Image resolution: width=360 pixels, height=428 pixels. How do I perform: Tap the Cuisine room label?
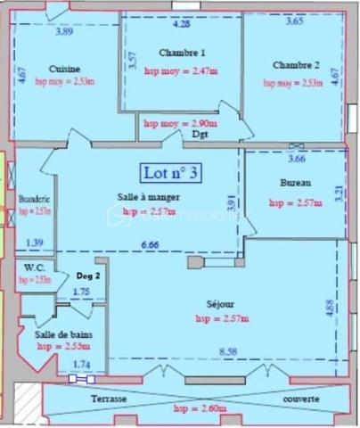pyautogui.click(x=66, y=69)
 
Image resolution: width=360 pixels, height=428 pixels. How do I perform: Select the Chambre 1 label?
pyautogui.click(x=182, y=53)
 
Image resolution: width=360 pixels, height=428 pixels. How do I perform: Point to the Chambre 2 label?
pyautogui.click(x=296, y=65)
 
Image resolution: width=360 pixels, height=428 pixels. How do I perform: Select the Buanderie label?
pyautogui.click(x=34, y=199)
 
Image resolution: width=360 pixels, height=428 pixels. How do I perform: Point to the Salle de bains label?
pyautogui.click(x=62, y=333)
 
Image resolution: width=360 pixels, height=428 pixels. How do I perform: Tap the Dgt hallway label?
pyautogui.click(x=200, y=135)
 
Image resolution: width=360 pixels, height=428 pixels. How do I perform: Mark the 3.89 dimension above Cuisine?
pyautogui.click(x=64, y=32)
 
